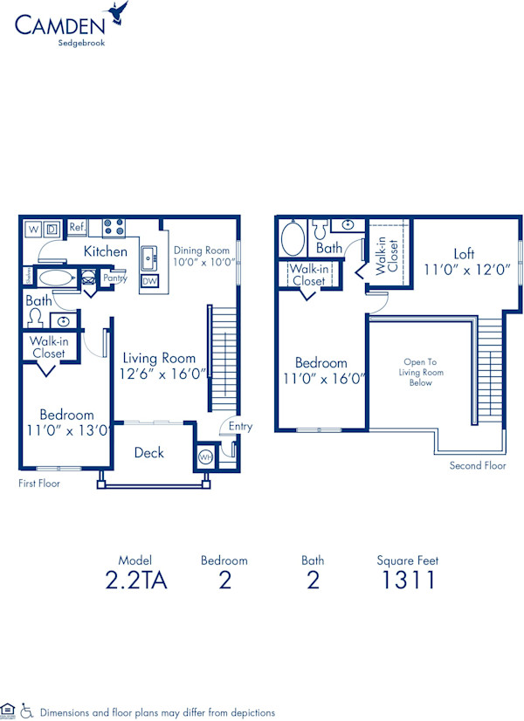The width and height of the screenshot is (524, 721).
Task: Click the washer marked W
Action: click(x=34, y=229)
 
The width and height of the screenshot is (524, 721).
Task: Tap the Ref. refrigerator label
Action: click(x=77, y=227)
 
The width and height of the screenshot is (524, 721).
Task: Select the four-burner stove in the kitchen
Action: click(x=113, y=228)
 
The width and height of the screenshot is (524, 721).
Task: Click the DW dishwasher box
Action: click(x=149, y=281)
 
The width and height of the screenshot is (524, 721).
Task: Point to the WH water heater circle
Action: click(x=205, y=457)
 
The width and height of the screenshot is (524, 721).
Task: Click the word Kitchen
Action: click(x=105, y=251)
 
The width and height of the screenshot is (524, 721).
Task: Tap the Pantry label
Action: click(x=115, y=278)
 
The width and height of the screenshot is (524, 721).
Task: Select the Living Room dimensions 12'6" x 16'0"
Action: click(x=163, y=373)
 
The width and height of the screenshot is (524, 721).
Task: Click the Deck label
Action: click(x=148, y=452)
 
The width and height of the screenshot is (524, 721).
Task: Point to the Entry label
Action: click(x=240, y=426)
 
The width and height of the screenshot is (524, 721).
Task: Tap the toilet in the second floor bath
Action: click(x=320, y=231)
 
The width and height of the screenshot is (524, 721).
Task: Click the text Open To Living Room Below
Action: click(x=421, y=372)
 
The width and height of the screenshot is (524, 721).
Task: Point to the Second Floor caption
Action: click(x=478, y=465)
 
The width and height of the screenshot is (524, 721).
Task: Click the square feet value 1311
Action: click(x=407, y=580)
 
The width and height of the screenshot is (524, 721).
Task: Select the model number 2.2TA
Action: click(x=135, y=580)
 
